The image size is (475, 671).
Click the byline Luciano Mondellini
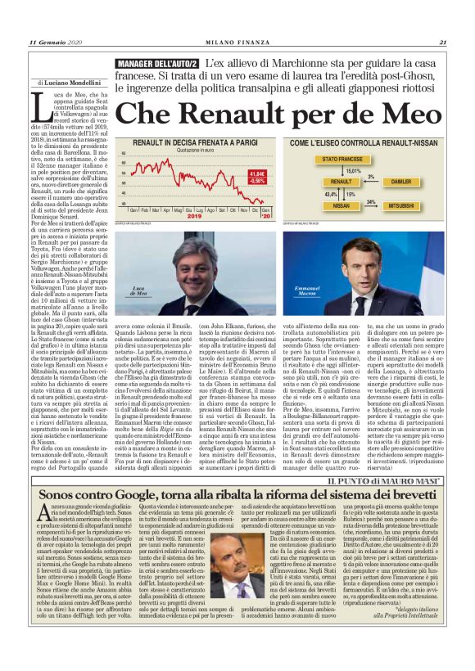click(x=72, y=83)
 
